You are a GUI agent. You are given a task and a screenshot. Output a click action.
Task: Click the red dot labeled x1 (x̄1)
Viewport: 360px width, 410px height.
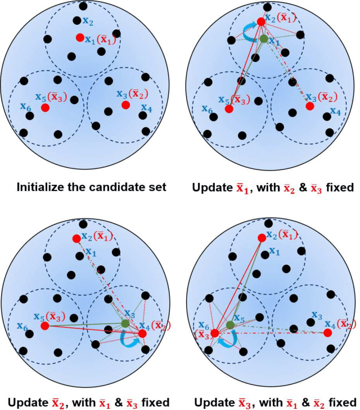click(80, 38)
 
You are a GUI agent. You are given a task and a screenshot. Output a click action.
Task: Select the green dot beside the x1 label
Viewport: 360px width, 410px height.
click(263, 39)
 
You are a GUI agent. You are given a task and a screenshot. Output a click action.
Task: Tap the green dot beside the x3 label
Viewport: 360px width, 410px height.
click(125, 323)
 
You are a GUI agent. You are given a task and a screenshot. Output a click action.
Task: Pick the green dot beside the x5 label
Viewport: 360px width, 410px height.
click(230, 325)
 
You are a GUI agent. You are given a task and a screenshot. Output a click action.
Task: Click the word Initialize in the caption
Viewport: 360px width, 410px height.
click(44, 187)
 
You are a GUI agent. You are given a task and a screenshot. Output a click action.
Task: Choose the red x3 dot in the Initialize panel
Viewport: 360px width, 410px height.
click(126, 105)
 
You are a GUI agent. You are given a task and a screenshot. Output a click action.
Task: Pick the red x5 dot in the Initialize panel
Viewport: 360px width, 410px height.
click(45, 107)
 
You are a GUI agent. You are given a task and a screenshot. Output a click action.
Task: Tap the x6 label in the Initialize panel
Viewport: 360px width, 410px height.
click(22, 105)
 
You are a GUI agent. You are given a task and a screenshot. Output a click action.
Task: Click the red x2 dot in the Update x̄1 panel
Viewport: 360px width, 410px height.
click(261, 22)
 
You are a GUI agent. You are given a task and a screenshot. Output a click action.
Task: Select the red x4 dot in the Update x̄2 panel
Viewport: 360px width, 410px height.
click(142, 333)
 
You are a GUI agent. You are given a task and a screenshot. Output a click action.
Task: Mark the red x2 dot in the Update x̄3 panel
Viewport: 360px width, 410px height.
click(261, 238)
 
